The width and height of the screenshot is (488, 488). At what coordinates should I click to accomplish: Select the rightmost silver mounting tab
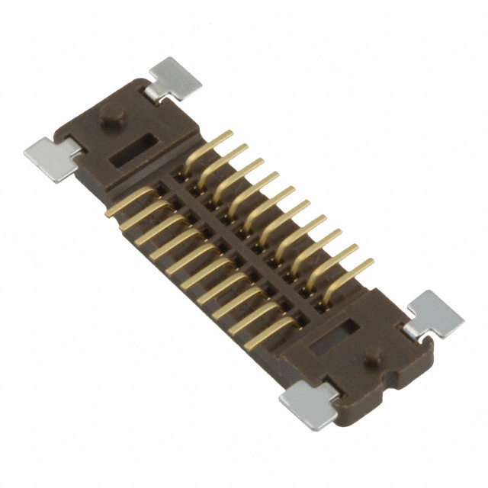pos(435,313)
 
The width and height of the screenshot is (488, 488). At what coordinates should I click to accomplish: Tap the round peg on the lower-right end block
pos(373,355)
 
